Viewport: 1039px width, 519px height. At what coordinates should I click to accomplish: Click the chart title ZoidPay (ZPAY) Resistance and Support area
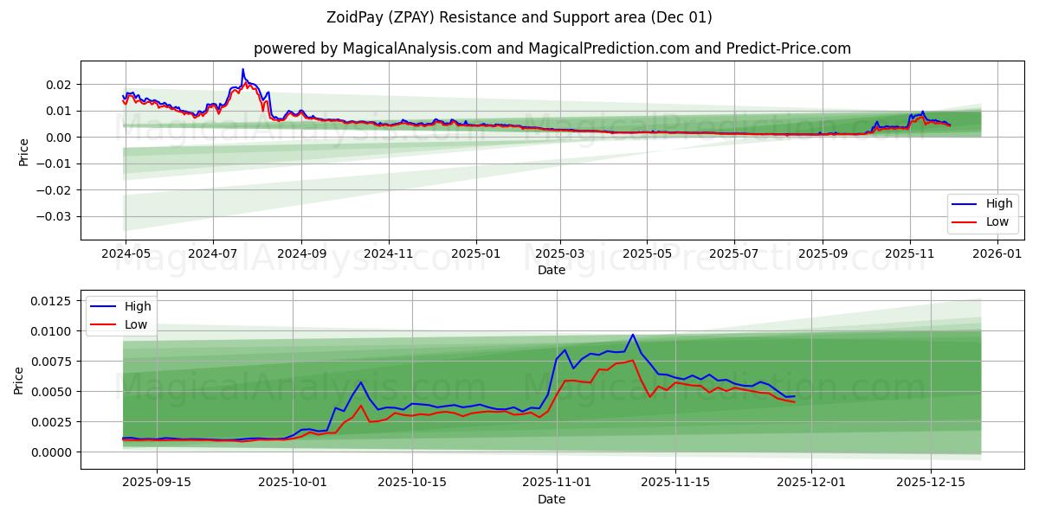(x=519, y=17)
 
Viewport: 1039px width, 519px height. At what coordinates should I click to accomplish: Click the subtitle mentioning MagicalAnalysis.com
(x=552, y=48)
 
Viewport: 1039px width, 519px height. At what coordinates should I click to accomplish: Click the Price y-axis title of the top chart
(x=23, y=151)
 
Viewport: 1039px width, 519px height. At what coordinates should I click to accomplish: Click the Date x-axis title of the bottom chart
(x=552, y=499)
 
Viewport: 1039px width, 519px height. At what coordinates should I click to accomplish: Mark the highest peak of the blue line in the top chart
(x=242, y=69)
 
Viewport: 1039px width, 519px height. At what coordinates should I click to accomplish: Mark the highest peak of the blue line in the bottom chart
(x=632, y=335)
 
